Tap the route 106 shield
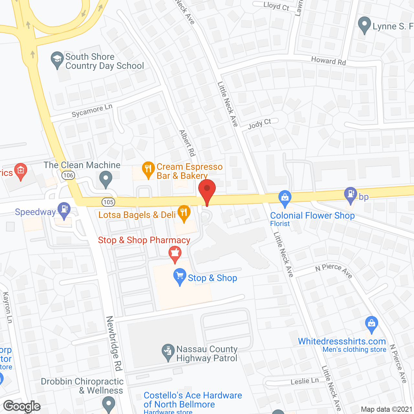click(x=68, y=175)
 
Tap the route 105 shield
click(x=108, y=202)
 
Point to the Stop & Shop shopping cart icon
click(x=180, y=277)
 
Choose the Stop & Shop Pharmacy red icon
click(x=175, y=254)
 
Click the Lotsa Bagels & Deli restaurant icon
click(x=184, y=213)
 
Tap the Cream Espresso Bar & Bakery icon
click(x=148, y=169)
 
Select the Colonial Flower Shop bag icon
click(x=285, y=199)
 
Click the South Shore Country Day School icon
click(x=57, y=60)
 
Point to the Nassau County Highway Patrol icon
click(x=168, y=352)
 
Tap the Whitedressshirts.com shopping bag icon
click(x=371, y=324)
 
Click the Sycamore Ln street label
click(x=92, y=111)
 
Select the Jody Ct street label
click(x=259, y=124)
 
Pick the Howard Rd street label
click(x=328, y=60)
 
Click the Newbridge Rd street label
click(x=114, y=343)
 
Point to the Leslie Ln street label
click(x=305, y=381)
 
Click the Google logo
click(x=22, y=406)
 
